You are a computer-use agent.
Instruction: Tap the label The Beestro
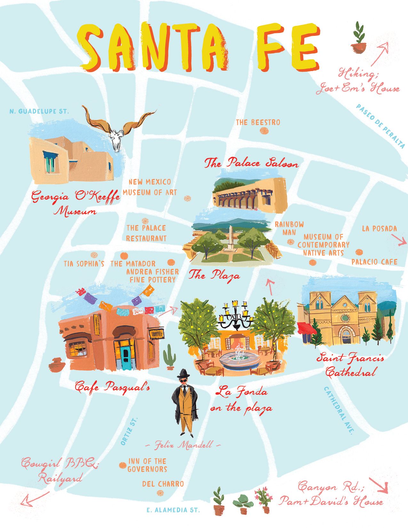click(x=258, y=122)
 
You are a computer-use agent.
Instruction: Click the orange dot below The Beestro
click(x=264, y=131)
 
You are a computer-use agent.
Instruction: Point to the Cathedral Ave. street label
click(x=338, y=410)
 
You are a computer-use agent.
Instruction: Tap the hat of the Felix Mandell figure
click(x=184, y=373)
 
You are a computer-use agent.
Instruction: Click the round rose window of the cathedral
click(x=346, y=318)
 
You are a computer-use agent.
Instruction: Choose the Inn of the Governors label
click(x=147, y=465)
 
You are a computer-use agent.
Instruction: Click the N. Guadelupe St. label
click(x=39, y=111)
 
